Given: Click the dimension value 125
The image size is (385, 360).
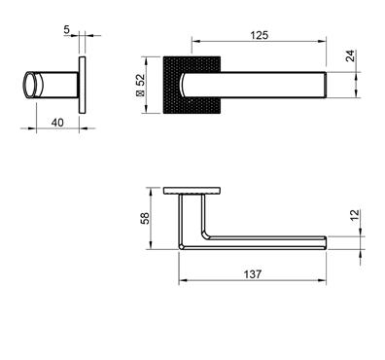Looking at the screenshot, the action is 260,35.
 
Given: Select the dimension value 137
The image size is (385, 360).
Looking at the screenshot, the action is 253,274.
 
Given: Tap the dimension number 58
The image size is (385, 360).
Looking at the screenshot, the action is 145,218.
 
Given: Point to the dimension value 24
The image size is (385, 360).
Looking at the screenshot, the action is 350,55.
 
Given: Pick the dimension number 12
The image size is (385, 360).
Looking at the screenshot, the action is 355,215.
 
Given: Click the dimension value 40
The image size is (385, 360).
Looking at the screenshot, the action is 57,123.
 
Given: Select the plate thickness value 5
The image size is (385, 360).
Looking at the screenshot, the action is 66,30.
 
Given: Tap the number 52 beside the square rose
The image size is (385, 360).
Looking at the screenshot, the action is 141,80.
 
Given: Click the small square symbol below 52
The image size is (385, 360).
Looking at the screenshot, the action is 141,93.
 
